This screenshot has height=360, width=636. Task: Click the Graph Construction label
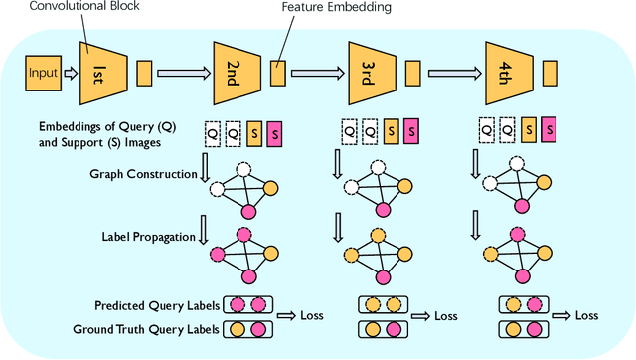[143, 175]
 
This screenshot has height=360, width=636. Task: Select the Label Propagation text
[147, 236]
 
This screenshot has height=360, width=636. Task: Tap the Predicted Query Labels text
[156, 305]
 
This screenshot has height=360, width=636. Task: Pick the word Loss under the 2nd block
[311, 315]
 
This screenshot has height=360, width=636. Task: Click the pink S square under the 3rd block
[409, 129]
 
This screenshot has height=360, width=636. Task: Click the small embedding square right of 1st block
[144, 72]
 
